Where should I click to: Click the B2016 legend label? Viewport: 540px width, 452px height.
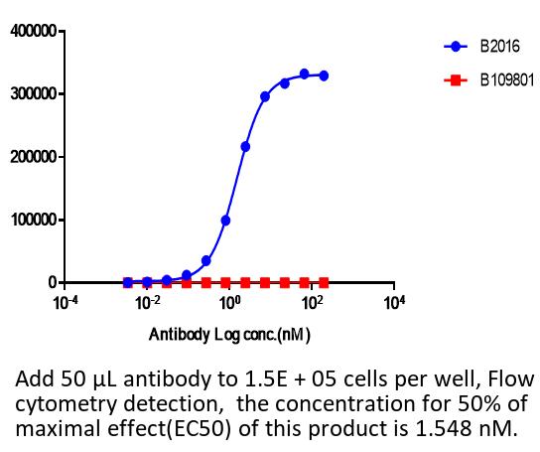[x=499, y=47]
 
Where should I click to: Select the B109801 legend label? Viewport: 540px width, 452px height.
[x=507, y=80]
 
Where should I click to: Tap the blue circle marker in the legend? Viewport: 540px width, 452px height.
[x=456, y=47]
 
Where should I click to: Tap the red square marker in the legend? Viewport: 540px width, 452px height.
[x=456, y=80]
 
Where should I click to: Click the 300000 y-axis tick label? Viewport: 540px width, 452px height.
[x=34, y=93]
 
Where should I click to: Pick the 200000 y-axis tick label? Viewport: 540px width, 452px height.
[x=34, y=157]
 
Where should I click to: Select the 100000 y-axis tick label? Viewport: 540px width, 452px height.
[x=34, y=220]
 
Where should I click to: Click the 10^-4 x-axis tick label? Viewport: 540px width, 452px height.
[x=66, y=303]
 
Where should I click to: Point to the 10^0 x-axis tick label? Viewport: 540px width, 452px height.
[x=229, y=303]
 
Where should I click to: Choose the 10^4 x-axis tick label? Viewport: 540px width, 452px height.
[x=394, y=303]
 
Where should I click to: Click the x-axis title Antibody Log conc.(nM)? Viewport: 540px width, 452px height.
[x=229, y=335]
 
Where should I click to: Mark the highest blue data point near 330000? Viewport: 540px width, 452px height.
[x=304, y=74]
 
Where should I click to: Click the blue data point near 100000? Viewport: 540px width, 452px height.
[x=225, y=221]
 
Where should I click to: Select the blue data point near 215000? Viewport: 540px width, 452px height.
[x=245, y=147]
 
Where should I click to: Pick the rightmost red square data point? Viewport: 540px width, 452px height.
[x=324, y=283]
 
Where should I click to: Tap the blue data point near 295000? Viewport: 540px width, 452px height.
[x=265, y=97]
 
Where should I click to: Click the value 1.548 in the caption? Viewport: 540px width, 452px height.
[x=444, y=428]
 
